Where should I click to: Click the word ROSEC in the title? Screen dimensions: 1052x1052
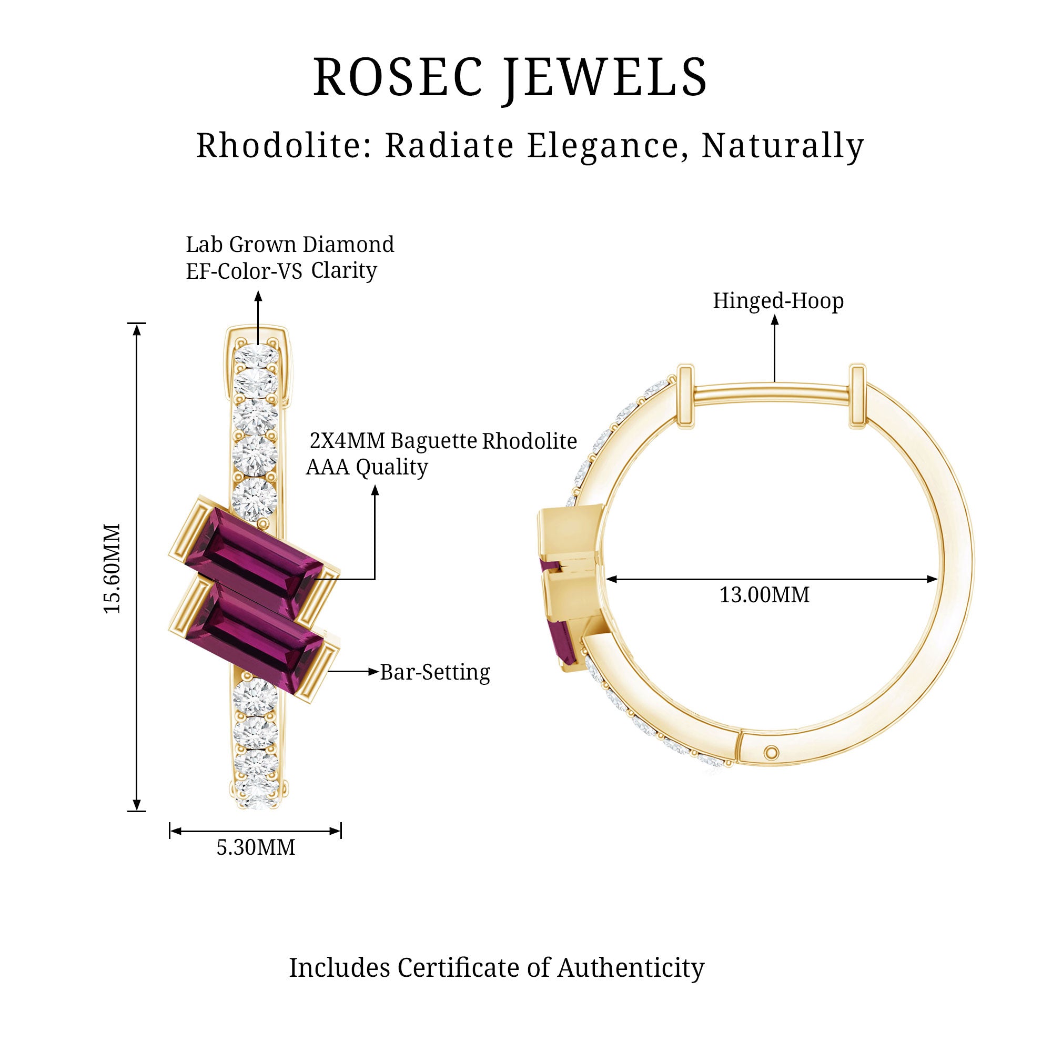coord(398,77)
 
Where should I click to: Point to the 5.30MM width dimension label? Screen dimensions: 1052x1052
coord(256,847)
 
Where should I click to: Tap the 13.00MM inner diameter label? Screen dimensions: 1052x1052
coord(764,595)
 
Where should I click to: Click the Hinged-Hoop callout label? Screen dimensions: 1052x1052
coord(778,301)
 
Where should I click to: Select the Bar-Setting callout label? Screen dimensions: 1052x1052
coord(434,672)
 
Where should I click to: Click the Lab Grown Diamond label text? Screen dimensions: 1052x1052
coord(290,245)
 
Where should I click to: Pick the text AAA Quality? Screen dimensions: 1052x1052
coord(367,467)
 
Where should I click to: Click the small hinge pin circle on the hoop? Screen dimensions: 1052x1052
coord(771,754)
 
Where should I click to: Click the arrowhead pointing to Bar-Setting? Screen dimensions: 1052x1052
coord(373,671)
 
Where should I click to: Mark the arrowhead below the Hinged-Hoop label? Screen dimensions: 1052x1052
coord(774,320)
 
